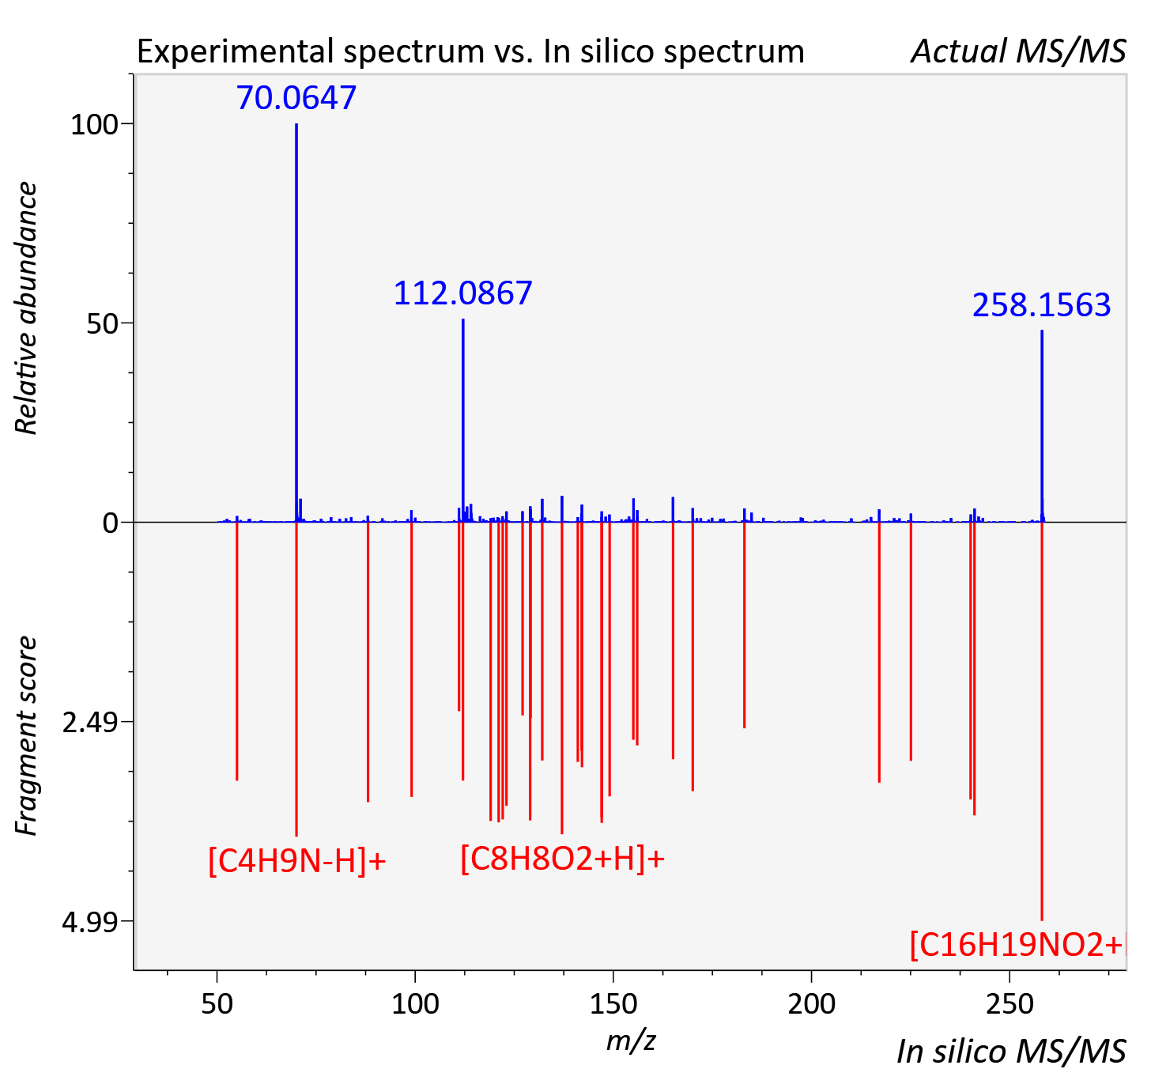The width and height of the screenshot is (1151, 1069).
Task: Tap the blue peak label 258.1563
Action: tap(1041, 305)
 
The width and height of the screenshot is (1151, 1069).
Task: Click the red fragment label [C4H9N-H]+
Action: tap(296, 861)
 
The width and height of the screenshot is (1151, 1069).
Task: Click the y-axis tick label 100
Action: tap(94, 125)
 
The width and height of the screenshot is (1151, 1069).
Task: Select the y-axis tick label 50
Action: tap(102, 324)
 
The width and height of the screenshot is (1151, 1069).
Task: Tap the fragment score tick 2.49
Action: tap(90, 723)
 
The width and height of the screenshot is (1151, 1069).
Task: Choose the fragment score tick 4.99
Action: tap(90, 922)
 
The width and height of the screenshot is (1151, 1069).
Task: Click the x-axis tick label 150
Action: tap(613, 1004)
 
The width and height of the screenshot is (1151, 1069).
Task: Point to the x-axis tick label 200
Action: tap(811, 1004)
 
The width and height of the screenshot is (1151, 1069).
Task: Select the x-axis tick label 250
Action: tap(1009, 1004)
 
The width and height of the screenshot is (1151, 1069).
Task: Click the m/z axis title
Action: tap(631, 1041)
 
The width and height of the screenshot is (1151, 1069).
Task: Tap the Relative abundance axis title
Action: tap(27, 308)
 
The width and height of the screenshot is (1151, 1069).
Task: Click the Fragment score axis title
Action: tap(27, 736)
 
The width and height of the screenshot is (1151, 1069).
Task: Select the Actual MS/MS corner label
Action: tap(1018, 51)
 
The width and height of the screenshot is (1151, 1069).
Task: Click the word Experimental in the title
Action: tap(236, 52)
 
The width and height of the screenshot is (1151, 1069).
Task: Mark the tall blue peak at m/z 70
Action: tap(296, 323)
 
